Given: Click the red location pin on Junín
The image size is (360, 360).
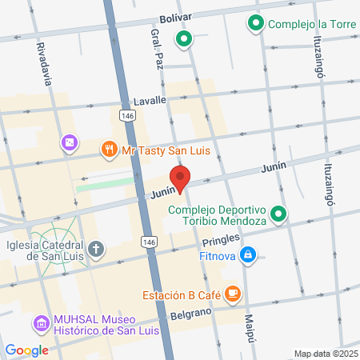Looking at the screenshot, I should pyautogui.click(x=179, y=179).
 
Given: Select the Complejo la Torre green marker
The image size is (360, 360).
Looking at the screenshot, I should pyautogui.click(x=256, y=23).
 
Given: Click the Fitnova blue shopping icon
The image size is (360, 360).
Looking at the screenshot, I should pyautogui.click(x=249, y=254).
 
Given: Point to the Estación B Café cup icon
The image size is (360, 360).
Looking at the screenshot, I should pyautogui.click(x=233, y=294).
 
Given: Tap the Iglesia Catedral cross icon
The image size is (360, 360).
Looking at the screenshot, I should pyautogui.click(x=96, y=248).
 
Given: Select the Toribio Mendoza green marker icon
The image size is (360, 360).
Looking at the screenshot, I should pyautogui.click(x=278, y=214).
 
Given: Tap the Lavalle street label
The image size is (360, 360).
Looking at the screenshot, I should pyautogui.click(x=150, y=100).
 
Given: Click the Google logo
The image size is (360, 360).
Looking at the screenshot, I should pyautogui.click(x=26, y=350).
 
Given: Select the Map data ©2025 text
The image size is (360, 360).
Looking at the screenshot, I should pyautogui.click(x=324, y=354).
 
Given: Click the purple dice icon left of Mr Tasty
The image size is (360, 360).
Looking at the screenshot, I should pyautogui.click(x=70, y=142).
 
